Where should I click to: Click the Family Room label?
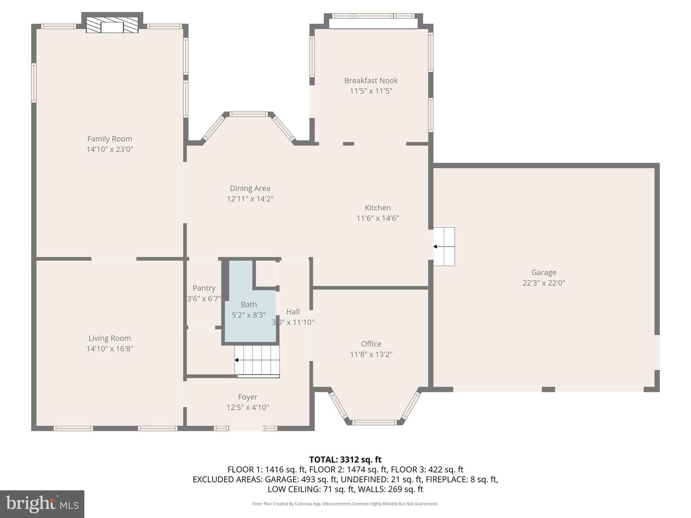point(109,139)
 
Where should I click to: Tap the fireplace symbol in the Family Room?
point(112,26)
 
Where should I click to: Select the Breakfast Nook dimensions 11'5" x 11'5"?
point(371,91)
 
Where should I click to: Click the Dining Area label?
point(250,188)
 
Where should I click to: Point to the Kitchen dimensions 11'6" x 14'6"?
point(378,218)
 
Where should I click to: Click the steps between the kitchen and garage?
point(444,247)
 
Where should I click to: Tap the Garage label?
point(544,272)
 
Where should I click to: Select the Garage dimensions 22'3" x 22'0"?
point(544,283)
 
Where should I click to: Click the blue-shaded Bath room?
point(250,317)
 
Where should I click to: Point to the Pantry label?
point(204,288)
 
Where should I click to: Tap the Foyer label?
point(248,397)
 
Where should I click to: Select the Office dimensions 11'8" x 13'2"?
point(371,354)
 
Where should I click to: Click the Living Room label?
point(109,338)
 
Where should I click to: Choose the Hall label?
point(293,312)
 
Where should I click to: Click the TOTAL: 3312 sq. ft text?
point(345,459)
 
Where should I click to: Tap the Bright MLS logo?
point(42,504)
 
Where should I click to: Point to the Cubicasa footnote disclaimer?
point(345,504)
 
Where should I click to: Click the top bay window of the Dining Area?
point(248,114)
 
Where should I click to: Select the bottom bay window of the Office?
point(374,423)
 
